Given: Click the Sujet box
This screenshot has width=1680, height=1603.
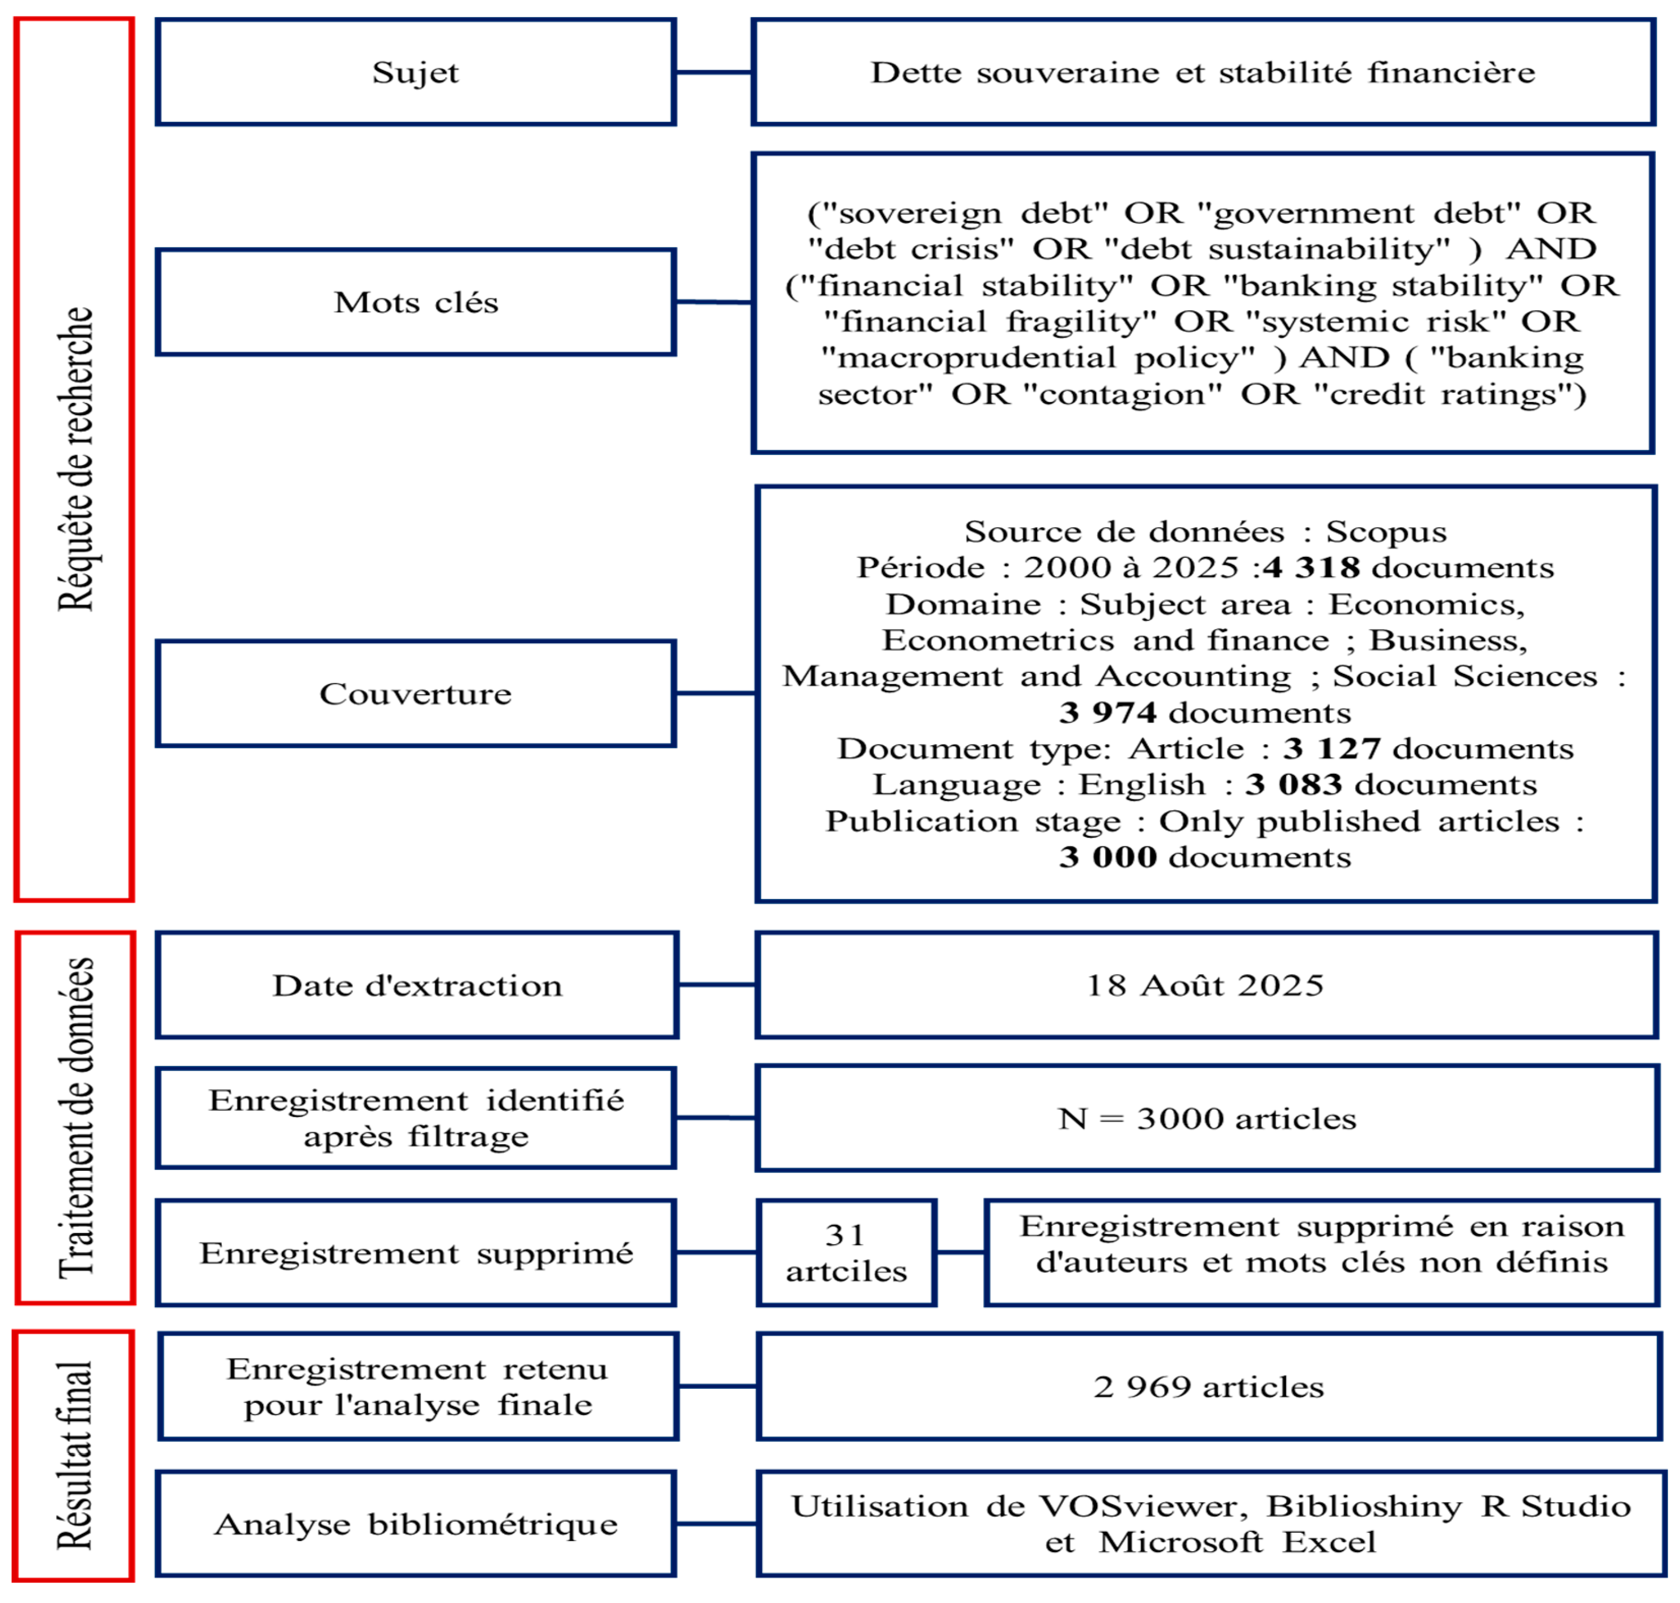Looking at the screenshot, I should (x=416, y=73).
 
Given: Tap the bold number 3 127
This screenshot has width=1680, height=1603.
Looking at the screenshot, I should (x=1331, y=748).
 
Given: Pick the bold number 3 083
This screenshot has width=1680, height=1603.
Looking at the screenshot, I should (x=1294, y=785).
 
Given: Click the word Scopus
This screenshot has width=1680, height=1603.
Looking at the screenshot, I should (x=1386, y=531).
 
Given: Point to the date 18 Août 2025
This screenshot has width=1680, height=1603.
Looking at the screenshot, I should (x=1205, y=985).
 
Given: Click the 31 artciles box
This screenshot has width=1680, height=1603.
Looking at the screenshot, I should (x=846, y=1253).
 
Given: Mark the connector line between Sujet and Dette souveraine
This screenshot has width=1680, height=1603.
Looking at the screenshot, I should (x=713, y=73).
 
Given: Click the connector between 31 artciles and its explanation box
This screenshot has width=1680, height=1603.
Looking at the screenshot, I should (x=961, y=1253).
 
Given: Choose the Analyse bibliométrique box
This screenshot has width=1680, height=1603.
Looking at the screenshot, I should (x=416, y=1524).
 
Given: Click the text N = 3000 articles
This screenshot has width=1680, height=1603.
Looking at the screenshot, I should (x=1207, y=1118).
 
